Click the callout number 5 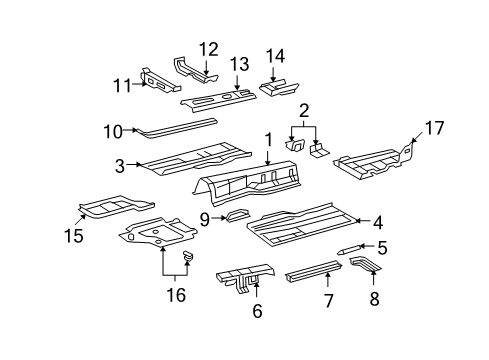(381, 246)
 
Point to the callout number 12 (207, 48)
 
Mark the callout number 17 (434, 128)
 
